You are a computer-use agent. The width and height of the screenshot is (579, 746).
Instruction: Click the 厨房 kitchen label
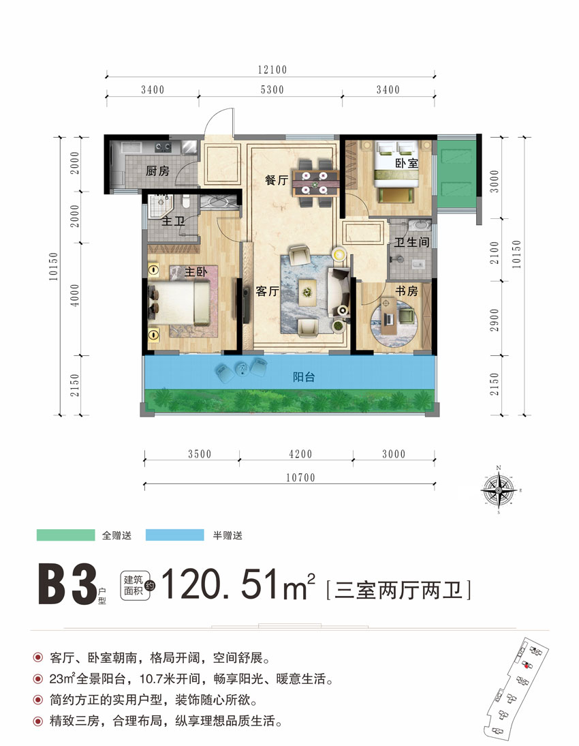[157, 171]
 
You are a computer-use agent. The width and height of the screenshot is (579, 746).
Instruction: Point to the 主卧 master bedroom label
[196, 272]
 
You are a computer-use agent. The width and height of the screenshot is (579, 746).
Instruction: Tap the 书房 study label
[407, 291]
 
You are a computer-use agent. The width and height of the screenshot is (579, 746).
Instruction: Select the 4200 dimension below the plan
[296, 454]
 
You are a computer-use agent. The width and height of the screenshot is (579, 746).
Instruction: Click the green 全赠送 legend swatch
[65, 535]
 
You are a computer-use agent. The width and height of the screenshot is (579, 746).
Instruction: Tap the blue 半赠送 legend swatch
[175, 535]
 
